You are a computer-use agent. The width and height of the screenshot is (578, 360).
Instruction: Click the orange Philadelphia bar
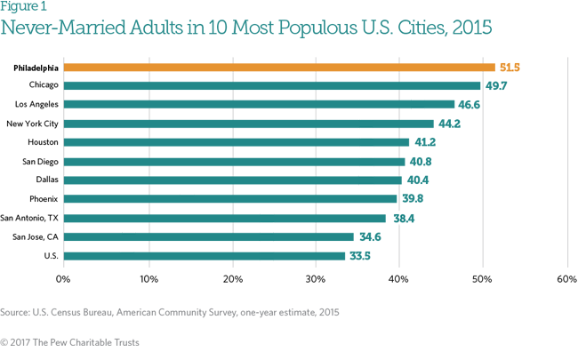278,67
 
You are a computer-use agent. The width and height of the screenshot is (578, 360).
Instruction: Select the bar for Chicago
271,85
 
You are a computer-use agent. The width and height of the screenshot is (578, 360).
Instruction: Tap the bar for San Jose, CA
208,237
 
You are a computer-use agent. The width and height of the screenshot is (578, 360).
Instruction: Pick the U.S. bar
204,256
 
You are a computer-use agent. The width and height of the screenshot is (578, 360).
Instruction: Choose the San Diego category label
39,161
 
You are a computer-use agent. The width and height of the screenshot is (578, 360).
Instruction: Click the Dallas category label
45,180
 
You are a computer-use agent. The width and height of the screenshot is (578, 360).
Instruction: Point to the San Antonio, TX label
29,218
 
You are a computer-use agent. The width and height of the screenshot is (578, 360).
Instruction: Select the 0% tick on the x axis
63,279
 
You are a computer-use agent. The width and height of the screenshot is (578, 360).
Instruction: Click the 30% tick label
315,279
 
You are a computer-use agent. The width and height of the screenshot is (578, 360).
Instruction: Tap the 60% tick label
566,279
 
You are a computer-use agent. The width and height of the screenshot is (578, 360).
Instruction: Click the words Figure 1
22,8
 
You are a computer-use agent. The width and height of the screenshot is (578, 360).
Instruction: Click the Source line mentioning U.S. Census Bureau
169,312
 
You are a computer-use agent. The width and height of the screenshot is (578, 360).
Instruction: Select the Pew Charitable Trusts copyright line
71,341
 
